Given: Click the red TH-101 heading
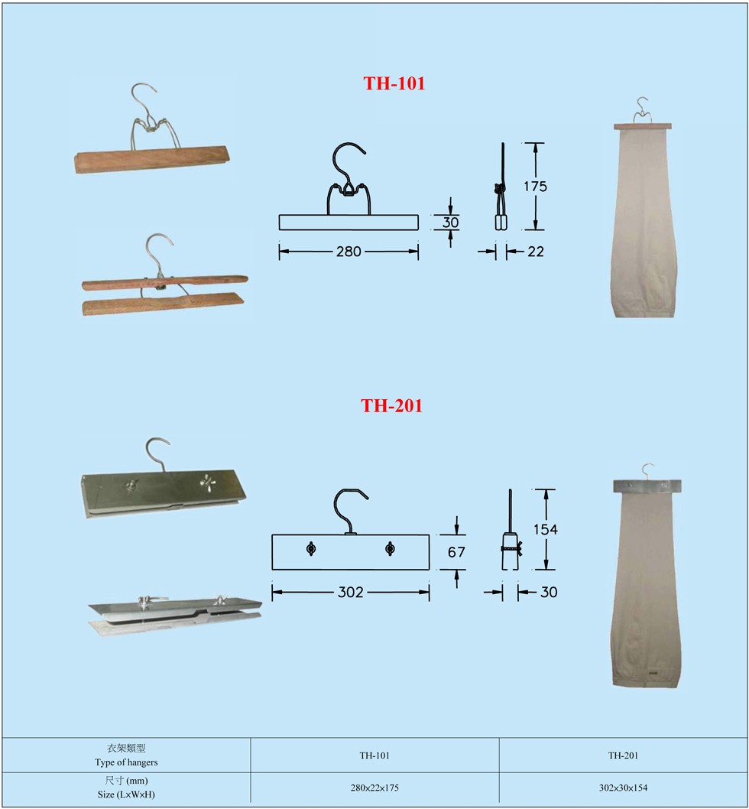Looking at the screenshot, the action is tap(394, 83).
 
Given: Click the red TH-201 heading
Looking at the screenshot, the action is tap(391, 405).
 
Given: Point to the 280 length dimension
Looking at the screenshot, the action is tap(349, 252).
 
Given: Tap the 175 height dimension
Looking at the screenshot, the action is tap(536, 187).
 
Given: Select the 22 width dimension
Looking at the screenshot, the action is tap(536, 252).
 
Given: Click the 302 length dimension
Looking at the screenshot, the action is tap(351, 593).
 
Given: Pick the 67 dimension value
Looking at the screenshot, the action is tap(456, 553).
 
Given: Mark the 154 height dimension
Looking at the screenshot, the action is tap(546, 529).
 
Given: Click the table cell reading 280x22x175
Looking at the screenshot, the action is tap(374, 788).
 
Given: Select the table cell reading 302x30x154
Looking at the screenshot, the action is tap(623, 788).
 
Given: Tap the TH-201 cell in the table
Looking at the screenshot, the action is tap(623, 755).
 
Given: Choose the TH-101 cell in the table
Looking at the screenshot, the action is tap(374, 755).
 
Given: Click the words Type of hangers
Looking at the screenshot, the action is tap(126, 762).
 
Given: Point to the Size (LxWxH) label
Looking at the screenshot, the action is tap(126, 794).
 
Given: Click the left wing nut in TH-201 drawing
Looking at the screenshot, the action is tap(311, 549).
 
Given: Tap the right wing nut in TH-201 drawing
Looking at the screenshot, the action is tap(391, 548).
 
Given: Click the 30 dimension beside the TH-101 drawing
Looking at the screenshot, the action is tap(450, 223).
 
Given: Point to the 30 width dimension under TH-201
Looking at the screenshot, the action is tap(549, 593).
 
